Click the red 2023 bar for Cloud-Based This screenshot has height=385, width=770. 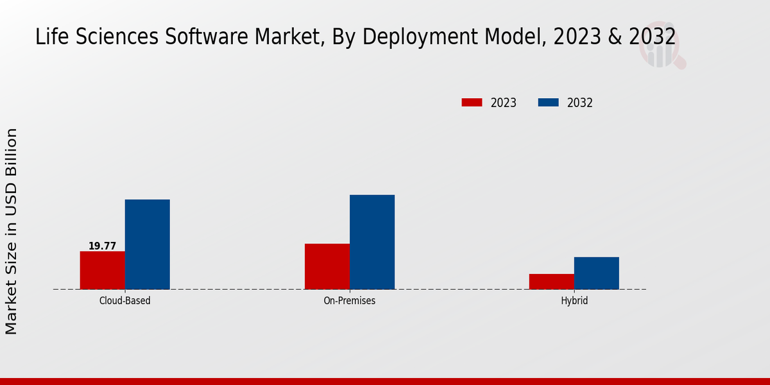tap(103, 270)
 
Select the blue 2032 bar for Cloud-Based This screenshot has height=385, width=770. tap(148, 244)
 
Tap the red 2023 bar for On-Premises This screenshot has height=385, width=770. tap(327, 266)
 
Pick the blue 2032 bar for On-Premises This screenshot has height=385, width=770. tap(372, 242)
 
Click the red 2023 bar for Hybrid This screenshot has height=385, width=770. tap(552, 282)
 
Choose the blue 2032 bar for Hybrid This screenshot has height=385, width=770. tap(597, 273)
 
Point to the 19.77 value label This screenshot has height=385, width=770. tap(102, 246)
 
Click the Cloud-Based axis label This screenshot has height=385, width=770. tap(125, 300)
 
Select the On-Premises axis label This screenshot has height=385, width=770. tap(350, 300)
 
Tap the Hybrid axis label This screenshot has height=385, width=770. tap(574, 300)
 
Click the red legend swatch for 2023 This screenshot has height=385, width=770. tap(472, 103)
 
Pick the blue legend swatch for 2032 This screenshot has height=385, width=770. tap(548, 103)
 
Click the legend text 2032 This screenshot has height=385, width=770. tap(580, 103)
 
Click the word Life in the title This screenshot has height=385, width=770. tap(50, 37)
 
